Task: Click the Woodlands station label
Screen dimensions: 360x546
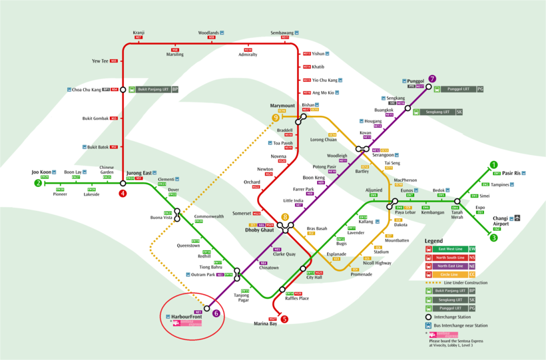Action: [x=208, y=33]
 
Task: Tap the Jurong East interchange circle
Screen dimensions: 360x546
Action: [x=123, y=183]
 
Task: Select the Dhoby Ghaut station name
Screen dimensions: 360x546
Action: [x=268, y=230]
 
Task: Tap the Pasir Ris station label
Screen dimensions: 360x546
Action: [x=515, y=172]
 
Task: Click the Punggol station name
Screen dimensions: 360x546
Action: [x=416, y=81]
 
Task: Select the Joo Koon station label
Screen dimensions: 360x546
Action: [x=41, y=172]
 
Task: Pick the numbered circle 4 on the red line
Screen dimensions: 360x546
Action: [x=123, y=194]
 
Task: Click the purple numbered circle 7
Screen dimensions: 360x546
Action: [x=432, y=79]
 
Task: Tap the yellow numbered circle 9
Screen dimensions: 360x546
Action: [x=276, y=118]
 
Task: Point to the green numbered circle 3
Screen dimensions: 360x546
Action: [x=493, y=238]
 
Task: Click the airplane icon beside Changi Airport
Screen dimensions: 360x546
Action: [x=517, y=218]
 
